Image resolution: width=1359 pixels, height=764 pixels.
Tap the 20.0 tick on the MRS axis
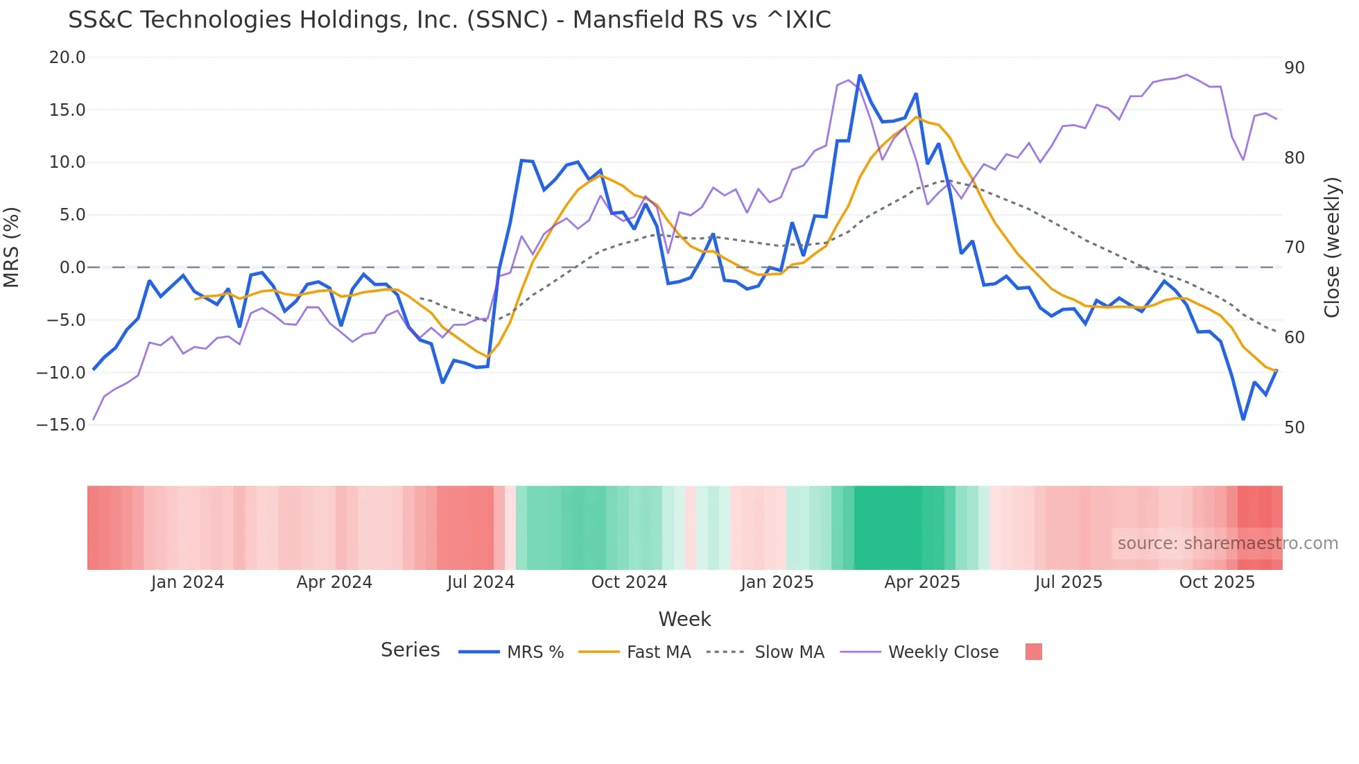(x=67, y=58)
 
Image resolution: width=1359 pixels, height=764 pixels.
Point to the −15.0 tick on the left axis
(x=61, y=425)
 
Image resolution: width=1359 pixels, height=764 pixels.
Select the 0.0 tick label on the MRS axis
(x=72, y=268)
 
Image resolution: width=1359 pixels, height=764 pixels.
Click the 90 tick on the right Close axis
(x=1294, y=68)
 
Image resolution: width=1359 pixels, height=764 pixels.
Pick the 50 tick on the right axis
(x=1294, y=428)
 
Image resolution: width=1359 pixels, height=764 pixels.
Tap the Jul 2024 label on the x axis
(x=481, y=582)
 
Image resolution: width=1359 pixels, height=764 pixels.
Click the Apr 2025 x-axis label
(x=921, y=582)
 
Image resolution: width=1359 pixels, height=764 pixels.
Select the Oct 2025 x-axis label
(x=1217, y=582)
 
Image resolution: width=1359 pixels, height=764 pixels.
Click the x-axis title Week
(x=684, y=619)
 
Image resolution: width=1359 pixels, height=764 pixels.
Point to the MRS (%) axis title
(x=12, y=247)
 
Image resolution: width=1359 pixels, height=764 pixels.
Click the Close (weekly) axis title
(x=1331, y=247)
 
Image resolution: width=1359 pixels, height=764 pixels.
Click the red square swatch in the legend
(x=1033, y=652)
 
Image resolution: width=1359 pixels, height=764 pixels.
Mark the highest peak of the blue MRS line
(x=860, y=76)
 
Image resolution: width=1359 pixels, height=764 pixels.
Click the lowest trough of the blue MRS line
(x=1243, y=419)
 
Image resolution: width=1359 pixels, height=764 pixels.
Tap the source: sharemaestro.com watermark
(x=1227, y=544)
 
